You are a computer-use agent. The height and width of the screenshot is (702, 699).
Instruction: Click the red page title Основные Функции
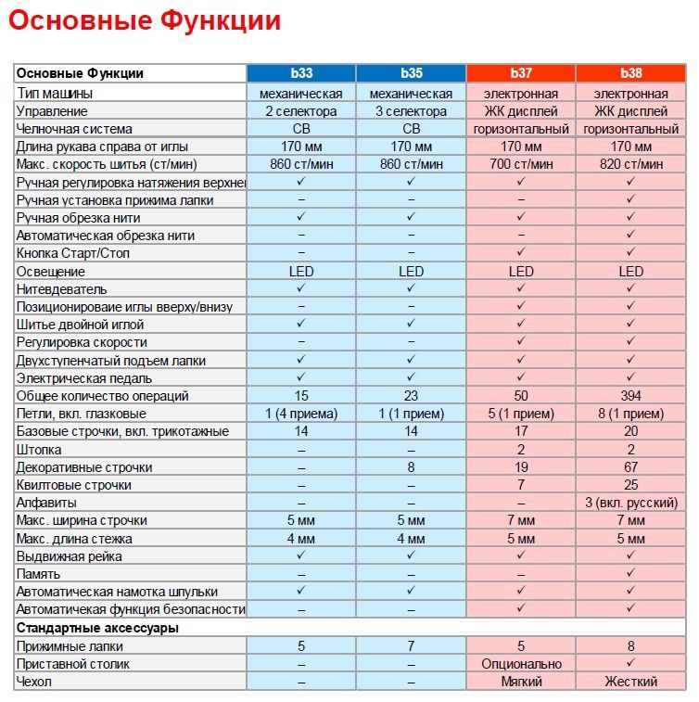pos(145,20)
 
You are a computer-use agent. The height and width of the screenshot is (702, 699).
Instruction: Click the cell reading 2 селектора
pos(300,111)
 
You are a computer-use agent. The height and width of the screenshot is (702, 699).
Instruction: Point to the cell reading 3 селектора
pos(411,111)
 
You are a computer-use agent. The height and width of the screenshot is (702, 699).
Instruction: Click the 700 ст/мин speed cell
pos(521,164)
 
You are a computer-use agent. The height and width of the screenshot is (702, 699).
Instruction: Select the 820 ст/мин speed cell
pos(630,164)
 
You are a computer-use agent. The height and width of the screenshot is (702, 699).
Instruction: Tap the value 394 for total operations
pos(630,396)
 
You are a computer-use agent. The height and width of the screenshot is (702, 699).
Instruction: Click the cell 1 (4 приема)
pos(300,414)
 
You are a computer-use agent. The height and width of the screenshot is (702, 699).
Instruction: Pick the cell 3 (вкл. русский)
pos(630,503)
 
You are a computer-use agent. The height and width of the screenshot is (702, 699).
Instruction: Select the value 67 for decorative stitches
pos(630,467)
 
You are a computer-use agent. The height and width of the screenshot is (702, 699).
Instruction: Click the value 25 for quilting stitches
pos(630,485)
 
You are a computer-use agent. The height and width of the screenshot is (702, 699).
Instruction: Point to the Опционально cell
pos(521,664)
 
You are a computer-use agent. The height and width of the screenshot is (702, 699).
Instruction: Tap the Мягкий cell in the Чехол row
pos(521,682)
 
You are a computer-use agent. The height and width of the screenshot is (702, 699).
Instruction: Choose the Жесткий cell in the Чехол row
pos(630,682)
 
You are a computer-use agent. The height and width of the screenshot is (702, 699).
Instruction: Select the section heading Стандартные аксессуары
pos(97,628)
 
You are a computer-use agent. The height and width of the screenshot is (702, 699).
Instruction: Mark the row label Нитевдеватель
pos(62,289)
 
